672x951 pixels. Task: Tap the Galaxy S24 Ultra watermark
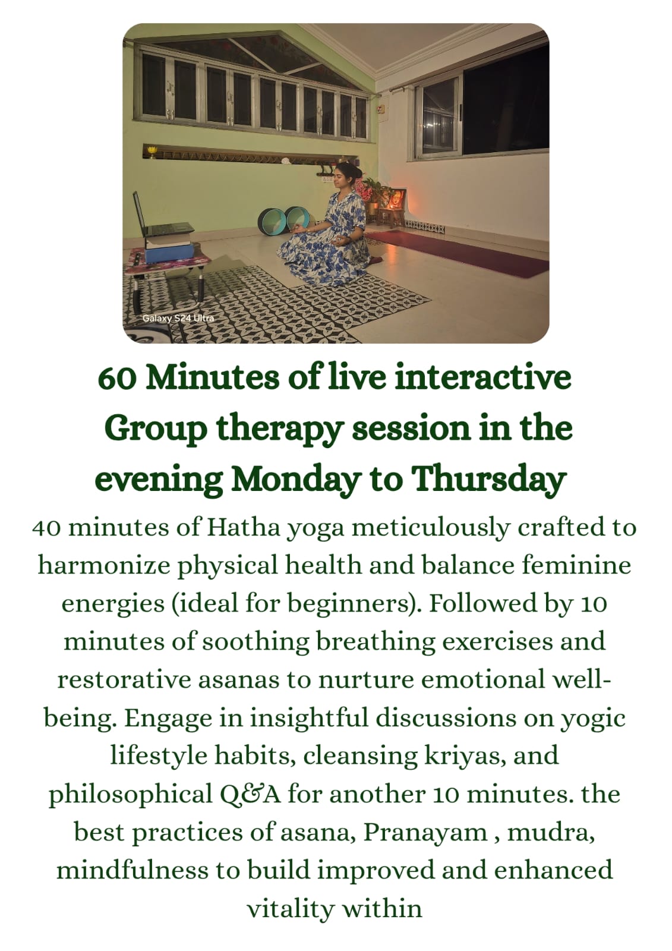pyautogui.click(x=178, y=318)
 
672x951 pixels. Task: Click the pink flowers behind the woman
pyautogui.click(x=362, y=190)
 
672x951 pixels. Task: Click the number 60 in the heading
pyautogui.click(x=117, y=379)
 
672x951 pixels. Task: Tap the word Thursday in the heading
pyautogui.click(x=488, y=479)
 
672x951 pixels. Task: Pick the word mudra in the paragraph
pyautogui.click(x=551, y=832)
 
